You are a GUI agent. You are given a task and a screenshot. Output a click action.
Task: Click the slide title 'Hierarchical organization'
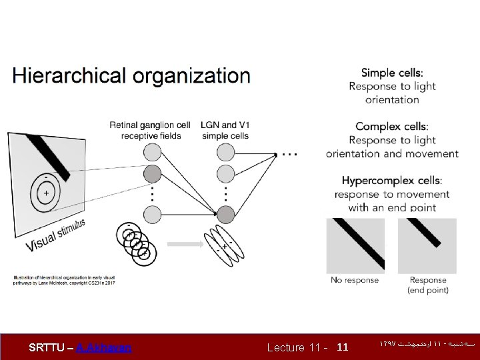pos(131,76)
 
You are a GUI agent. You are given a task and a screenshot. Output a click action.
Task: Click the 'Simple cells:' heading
pos(392,73)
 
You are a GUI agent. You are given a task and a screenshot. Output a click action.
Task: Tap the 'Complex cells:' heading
pos(392,127)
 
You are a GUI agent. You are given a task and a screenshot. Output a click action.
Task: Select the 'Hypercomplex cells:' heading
pos(392,181)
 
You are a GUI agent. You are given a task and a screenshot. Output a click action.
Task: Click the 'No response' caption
pos(355,280)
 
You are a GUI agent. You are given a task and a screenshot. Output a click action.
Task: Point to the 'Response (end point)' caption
pos(428,285)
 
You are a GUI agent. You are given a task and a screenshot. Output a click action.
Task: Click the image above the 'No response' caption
pos(356,245)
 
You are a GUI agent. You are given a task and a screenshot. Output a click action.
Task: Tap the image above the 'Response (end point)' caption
pos(427,245)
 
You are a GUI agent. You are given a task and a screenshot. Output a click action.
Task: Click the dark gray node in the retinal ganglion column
pos(153,174)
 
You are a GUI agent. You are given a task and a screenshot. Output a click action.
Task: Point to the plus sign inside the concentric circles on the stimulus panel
pos(45,193)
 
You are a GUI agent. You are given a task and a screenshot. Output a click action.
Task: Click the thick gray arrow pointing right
pos(185,244)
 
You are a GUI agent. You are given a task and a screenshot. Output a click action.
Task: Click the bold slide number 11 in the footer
pos(343,347)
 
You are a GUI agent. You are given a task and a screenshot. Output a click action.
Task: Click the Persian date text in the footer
pos(427,345)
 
